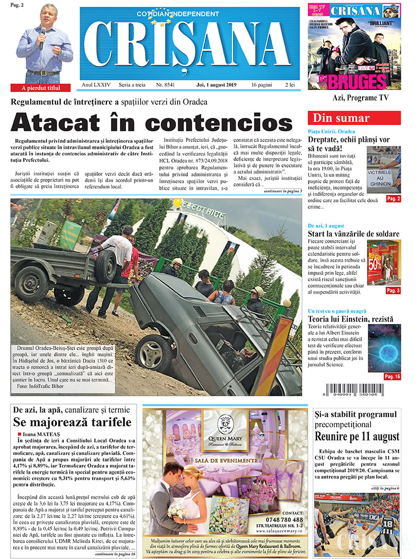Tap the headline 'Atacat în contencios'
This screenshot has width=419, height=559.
pyautogui.click(x=152, y=122)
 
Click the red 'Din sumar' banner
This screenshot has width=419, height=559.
pyautogui.click(x=354, y=118)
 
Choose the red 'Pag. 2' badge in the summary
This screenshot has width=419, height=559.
pyautogui.click(x=393, y=198)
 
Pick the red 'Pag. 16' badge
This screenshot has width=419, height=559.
pyautogui.click(x=392, y=376)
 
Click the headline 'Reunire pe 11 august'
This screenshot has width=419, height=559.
pyautogui.click(x=357, y=437)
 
